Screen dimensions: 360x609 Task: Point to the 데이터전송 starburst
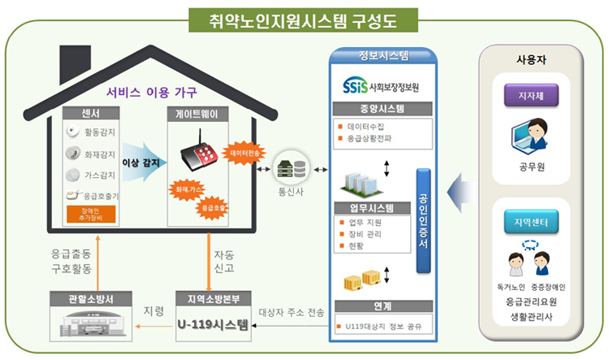(x=244, y=154)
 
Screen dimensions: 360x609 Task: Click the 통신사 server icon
(x=292, y=170)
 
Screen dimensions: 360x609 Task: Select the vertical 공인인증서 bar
(x=423, y=219)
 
